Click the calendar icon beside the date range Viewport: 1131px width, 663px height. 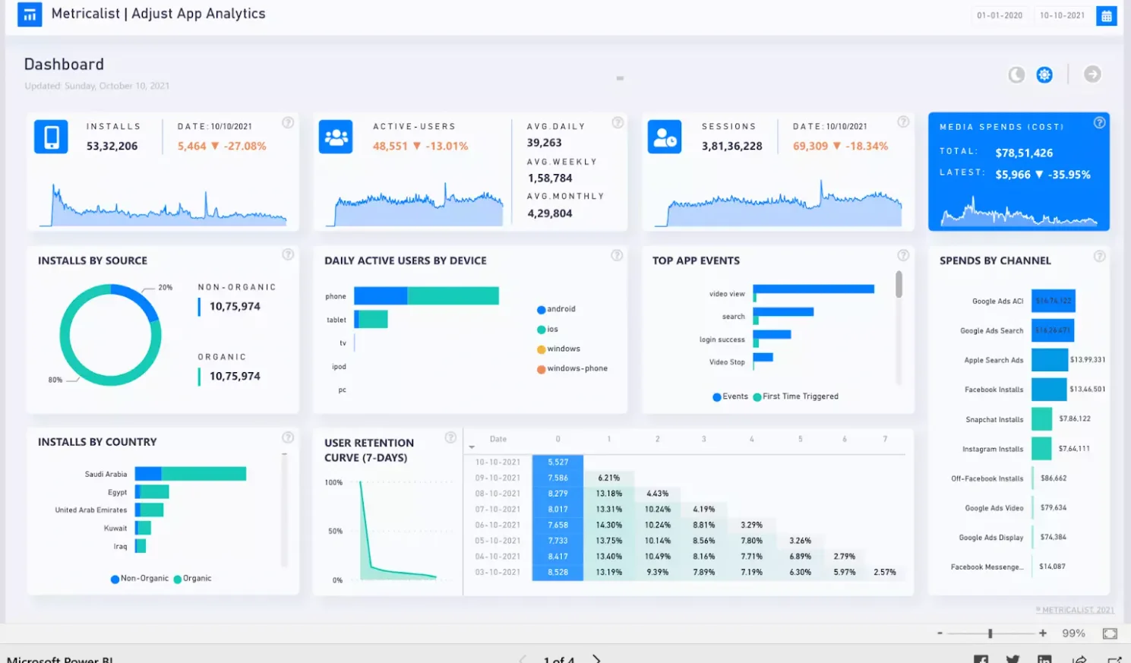(1106, 15)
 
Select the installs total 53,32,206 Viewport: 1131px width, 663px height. (112, 146)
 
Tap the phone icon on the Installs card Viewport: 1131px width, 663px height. (51, 137)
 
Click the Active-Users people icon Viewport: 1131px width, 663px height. (336, 137)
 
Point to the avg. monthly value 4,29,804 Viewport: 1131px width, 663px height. (550, 213)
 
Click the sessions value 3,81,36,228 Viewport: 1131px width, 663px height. (731, 146)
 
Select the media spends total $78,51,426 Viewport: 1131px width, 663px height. (1024, 153)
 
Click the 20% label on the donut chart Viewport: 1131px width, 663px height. (165, 288)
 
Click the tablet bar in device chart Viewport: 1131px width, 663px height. (371, 319)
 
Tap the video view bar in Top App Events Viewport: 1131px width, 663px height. (813, 289)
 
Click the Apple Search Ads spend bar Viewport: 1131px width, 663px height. (1049, 360)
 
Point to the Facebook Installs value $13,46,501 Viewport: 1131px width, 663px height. (1087, 390)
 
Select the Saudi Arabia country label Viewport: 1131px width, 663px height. (106, 474)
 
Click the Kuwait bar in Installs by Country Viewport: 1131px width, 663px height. (143, 528)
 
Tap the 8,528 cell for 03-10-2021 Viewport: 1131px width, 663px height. (558, 573)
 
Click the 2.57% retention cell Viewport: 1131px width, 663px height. (884, 573)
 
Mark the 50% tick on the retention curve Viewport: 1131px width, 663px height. (335, 532)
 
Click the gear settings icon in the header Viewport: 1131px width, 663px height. (1044, 74)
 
